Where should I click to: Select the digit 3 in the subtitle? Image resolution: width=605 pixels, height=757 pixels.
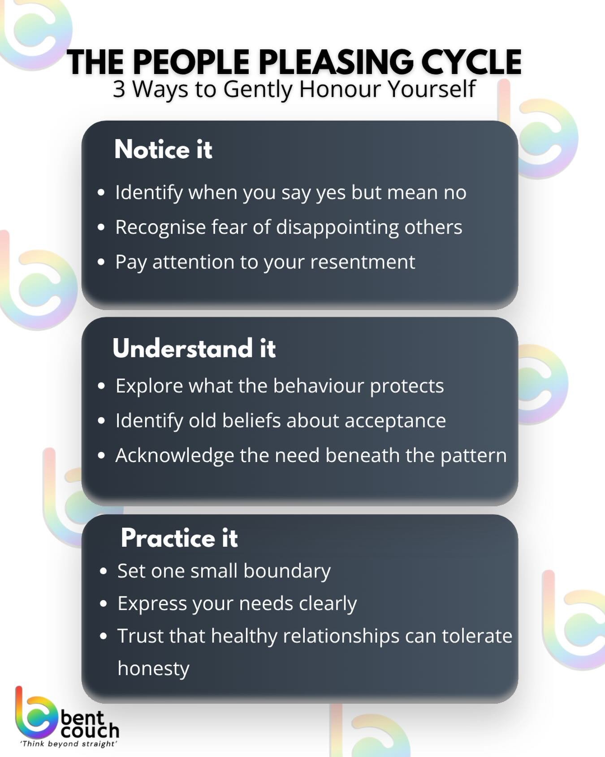point(119,89)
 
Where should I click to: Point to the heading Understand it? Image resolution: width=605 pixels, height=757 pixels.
point(194,348)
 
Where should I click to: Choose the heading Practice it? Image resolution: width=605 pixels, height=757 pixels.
point(179,538)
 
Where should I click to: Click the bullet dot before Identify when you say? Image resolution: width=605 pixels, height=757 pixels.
point(101,193)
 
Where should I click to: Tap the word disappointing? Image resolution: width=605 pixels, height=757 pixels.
point(337,227)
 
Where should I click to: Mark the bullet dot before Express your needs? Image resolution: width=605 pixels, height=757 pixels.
point(104,604)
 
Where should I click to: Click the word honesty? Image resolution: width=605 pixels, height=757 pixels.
point(153,669)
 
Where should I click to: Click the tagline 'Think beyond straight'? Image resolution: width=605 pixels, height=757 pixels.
point(68,744)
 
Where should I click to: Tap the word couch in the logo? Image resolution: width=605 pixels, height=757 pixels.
point(90,731)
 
